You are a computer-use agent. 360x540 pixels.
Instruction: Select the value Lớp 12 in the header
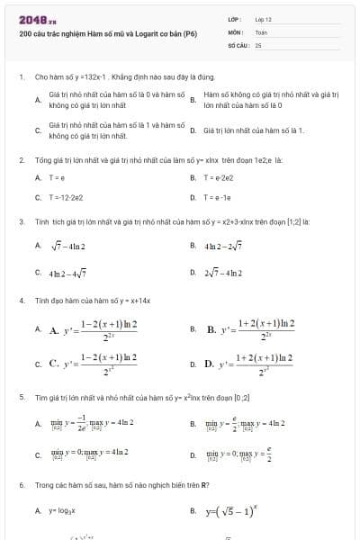[x=264, y=19]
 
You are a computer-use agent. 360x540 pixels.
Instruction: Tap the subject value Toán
[x=262, y=31]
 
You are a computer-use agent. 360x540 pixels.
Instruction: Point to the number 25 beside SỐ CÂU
[x=258, y=43]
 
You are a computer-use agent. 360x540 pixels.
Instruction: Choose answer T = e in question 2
[x=56, y=177]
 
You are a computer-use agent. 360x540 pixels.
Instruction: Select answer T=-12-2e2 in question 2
[x=67, y=196]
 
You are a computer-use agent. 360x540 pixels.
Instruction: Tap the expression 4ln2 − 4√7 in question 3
[x=67, y=270]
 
